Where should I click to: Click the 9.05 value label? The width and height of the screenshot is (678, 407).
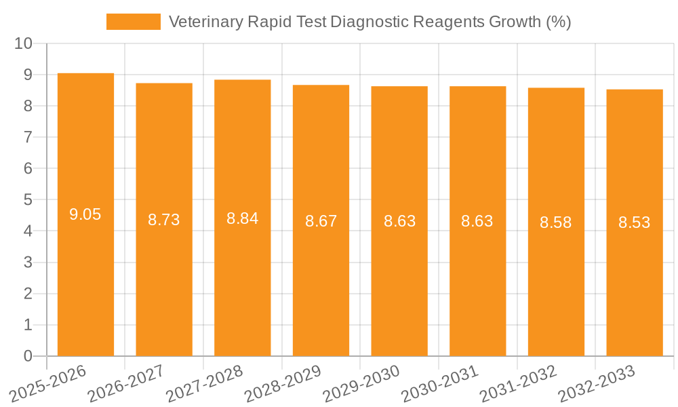[85, 215]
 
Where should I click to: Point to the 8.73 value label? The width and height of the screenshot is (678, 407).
[164, 220]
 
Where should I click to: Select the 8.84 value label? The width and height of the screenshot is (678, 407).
[242, 218]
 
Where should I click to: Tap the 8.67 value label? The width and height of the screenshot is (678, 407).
[321, 221]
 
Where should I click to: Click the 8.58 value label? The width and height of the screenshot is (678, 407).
[555, 222]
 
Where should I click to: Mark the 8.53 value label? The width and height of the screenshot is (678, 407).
[634, 222]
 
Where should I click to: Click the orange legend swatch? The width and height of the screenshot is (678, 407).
[134, 22]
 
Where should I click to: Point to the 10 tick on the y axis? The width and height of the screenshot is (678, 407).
[24, 43]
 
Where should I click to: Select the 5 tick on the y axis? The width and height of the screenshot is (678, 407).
[28, 200]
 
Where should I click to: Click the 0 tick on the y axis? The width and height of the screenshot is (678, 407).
[28, 356]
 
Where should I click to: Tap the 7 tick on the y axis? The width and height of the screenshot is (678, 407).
[28, 137]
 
